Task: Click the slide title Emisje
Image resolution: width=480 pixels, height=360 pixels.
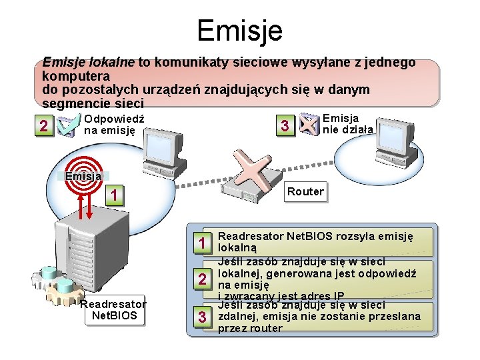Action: pos(239,30)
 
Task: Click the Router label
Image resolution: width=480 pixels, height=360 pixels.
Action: pos(305,192)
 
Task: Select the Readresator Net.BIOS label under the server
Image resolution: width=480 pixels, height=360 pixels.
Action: pos(113,310)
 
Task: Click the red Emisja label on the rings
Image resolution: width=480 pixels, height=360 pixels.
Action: pos(83,176)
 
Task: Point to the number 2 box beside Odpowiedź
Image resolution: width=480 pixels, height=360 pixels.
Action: pos(43,126)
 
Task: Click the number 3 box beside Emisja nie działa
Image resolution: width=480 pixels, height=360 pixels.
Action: pos(285,126)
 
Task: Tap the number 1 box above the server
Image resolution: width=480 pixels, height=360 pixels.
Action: pos(115,195)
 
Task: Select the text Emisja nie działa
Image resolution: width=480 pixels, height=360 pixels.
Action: pos(347,124)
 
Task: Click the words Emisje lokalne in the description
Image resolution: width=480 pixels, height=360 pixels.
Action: pos(88,63)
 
